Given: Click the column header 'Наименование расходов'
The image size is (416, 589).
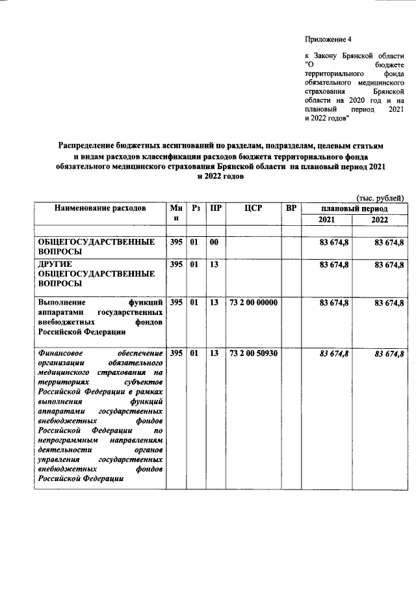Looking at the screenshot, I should tap(99, 208).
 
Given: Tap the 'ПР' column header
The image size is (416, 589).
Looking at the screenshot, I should tap(214, 208).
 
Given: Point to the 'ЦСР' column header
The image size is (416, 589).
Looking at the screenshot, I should tap(253, 208).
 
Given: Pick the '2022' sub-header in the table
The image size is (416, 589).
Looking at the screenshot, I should tap(379, 220).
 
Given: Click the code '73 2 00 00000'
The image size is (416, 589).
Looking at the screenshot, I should tap(253, 303).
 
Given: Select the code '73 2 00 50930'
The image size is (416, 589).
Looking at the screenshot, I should tap(253, 353).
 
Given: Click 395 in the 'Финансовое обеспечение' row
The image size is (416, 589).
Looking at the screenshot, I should tap(175, 353).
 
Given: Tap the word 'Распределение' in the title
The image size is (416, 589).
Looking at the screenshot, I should tap(88, 146).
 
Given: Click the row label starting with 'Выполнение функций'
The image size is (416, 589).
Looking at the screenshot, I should tap(99, 317).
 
